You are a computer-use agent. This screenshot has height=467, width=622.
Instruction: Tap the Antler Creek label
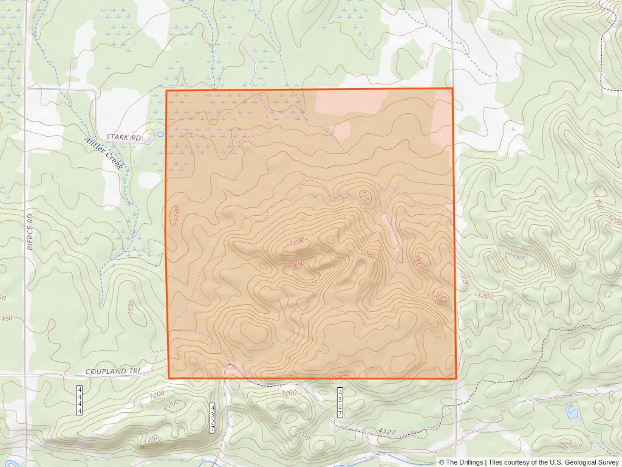pos(104,152)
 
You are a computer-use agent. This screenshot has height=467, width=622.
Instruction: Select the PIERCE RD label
pos(30,231)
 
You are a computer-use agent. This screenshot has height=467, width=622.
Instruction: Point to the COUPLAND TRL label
pos(112,371)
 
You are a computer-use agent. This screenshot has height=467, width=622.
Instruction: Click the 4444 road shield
pos(80,400)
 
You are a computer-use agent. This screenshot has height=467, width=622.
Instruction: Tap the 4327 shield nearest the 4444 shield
pos(213,418)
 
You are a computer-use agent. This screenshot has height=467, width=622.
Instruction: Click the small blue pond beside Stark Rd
pos(160,134)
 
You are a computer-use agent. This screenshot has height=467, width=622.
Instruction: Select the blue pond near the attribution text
pos(572,412)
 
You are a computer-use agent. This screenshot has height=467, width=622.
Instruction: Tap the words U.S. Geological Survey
pos(583,462)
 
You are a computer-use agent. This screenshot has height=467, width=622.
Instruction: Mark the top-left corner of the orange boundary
pos(166,91)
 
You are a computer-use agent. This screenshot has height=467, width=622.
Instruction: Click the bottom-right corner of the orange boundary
pos(456,378)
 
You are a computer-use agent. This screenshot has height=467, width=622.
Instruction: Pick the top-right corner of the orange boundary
pos(453,89)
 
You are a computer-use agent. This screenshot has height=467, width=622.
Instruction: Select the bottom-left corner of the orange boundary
pos(168,378)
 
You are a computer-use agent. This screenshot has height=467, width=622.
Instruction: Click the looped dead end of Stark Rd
pos(148,139)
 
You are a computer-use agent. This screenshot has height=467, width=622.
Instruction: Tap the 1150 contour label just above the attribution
pos(571,447)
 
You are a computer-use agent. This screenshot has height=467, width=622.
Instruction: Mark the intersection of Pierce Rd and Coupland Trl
pos(26,375)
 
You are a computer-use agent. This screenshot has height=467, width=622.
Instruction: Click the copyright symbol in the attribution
pos(442,462)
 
